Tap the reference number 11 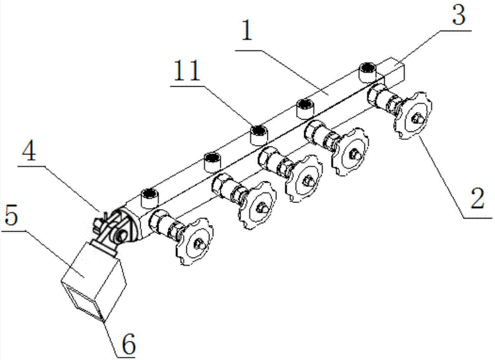[185, 70]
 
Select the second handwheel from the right [351, 152]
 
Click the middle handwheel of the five [304, 178]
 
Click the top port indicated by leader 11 [259, 135]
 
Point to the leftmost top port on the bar [149, 198]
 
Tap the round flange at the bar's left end [128, 225]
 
